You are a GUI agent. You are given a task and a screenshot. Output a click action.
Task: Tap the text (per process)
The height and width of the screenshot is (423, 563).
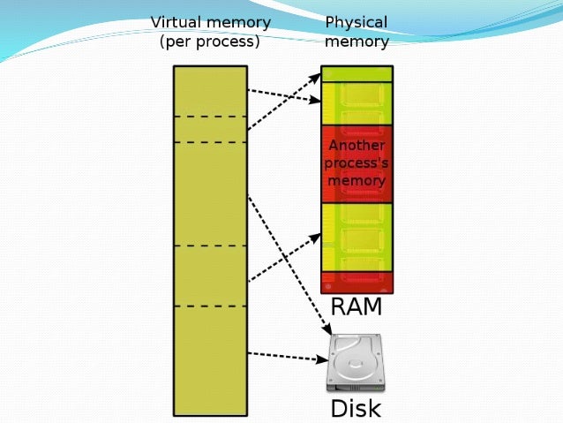209,42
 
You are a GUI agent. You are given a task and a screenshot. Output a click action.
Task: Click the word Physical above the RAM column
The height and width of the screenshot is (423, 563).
356,22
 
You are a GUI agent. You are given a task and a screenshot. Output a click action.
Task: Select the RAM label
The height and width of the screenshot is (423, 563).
356,307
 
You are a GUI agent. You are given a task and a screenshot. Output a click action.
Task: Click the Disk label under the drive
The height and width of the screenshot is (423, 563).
355,408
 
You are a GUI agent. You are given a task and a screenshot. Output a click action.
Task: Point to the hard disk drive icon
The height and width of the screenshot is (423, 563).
355,363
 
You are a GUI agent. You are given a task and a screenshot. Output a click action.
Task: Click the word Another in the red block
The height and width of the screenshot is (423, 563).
357,146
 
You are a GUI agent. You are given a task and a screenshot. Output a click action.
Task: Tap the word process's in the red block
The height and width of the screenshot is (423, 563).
357,163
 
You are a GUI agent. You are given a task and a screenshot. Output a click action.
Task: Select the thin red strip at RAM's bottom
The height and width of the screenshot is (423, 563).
357,283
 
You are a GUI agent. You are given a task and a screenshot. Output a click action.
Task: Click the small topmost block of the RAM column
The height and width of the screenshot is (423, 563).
357,73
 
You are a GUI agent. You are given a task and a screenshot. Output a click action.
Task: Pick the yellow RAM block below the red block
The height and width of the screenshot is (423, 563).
357,237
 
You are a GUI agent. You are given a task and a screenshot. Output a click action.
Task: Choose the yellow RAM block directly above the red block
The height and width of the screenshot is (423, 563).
357,103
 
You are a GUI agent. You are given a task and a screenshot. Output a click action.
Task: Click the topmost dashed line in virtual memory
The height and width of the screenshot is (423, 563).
210,117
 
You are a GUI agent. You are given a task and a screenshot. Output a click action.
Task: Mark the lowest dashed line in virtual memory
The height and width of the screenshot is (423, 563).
210,306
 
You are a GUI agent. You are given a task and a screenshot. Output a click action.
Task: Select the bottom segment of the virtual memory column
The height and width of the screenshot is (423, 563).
210,359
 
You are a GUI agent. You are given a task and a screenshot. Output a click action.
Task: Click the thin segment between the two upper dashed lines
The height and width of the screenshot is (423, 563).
210,129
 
